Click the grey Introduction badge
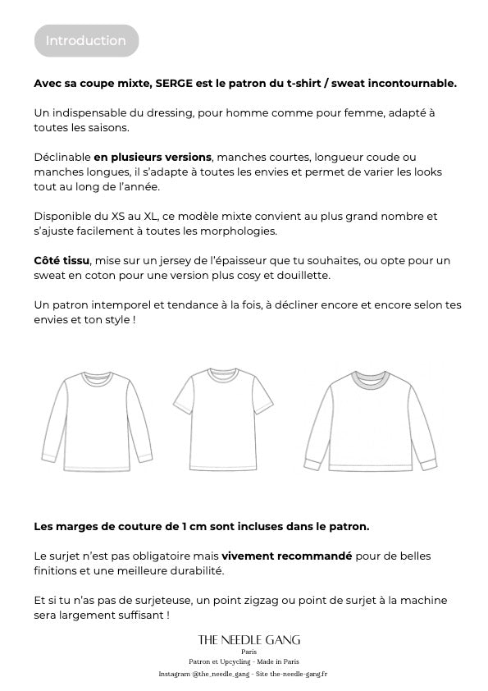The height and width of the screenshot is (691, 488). click(x=86, y=40)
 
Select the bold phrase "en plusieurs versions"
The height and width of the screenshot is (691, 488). click(x=153, y=157)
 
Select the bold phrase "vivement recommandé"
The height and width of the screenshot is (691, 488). click(x=286, y=556)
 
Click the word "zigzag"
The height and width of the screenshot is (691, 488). click(x=285, y=600)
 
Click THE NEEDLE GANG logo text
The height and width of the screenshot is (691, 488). click(x=249, y=639)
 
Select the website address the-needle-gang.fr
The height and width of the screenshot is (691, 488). click(x=299, y=674)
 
